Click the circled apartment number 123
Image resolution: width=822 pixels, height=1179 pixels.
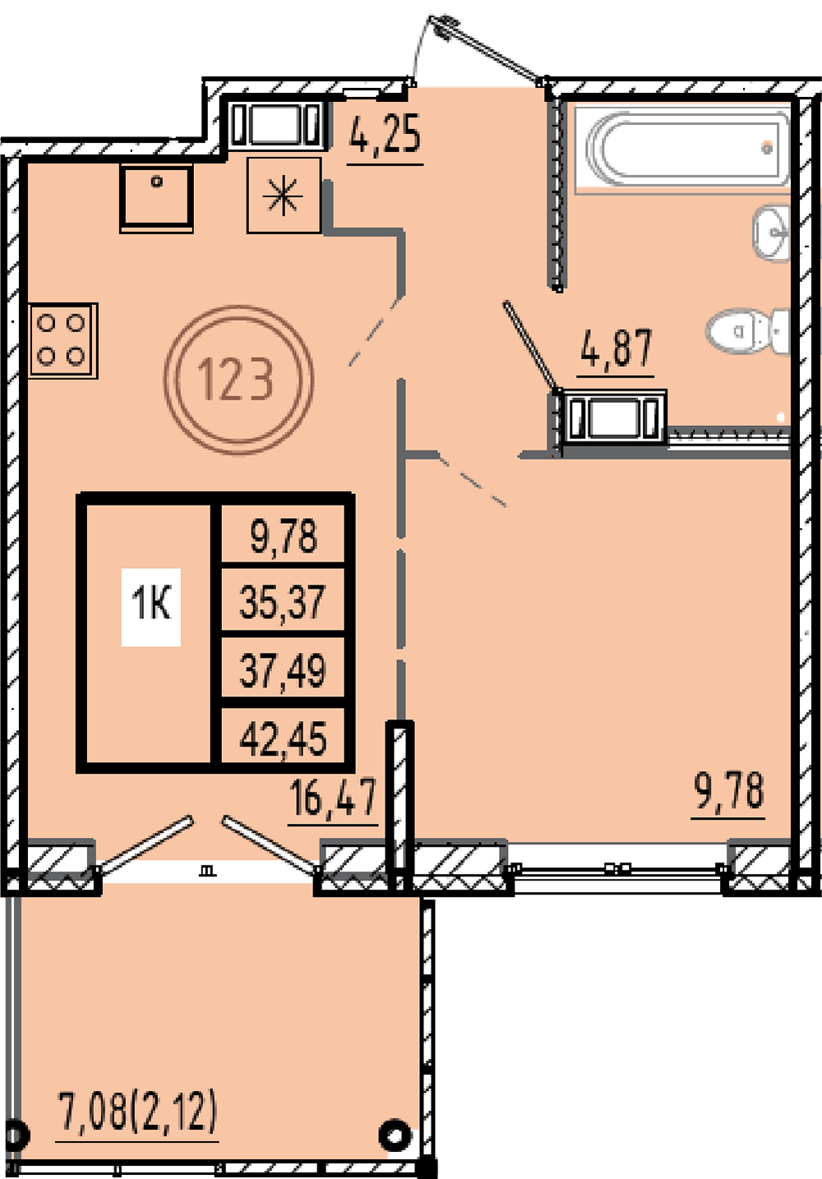point(238,380)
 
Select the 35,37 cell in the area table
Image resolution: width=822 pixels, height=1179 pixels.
point(283,602)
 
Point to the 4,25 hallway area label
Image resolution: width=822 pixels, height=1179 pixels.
point(386,134)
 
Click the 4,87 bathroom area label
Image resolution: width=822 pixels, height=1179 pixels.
point(616,348)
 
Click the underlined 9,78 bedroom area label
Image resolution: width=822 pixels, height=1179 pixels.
point(729,791)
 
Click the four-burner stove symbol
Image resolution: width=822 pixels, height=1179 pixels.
point(63,340)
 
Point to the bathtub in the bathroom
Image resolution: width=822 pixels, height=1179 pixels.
point(682,149)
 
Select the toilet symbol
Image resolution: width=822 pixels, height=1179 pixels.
point(747,331)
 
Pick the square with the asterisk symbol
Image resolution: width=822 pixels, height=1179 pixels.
point(284,196)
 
